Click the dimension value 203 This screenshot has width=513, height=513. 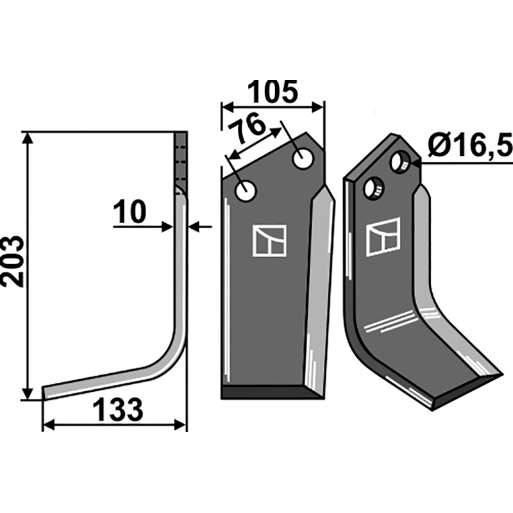coord(13,262)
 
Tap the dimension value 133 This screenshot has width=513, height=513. coord(118,409)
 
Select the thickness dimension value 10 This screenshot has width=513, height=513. coord(130,212)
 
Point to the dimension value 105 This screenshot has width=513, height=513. coord(273,92)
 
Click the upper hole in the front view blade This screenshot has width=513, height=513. coord(303,158)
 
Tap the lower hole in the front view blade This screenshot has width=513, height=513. coord(246,191)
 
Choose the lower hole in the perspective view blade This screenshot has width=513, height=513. coord(374,187)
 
